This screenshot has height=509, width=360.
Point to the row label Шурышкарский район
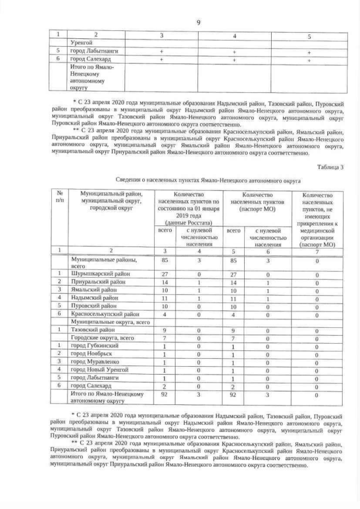94,273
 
